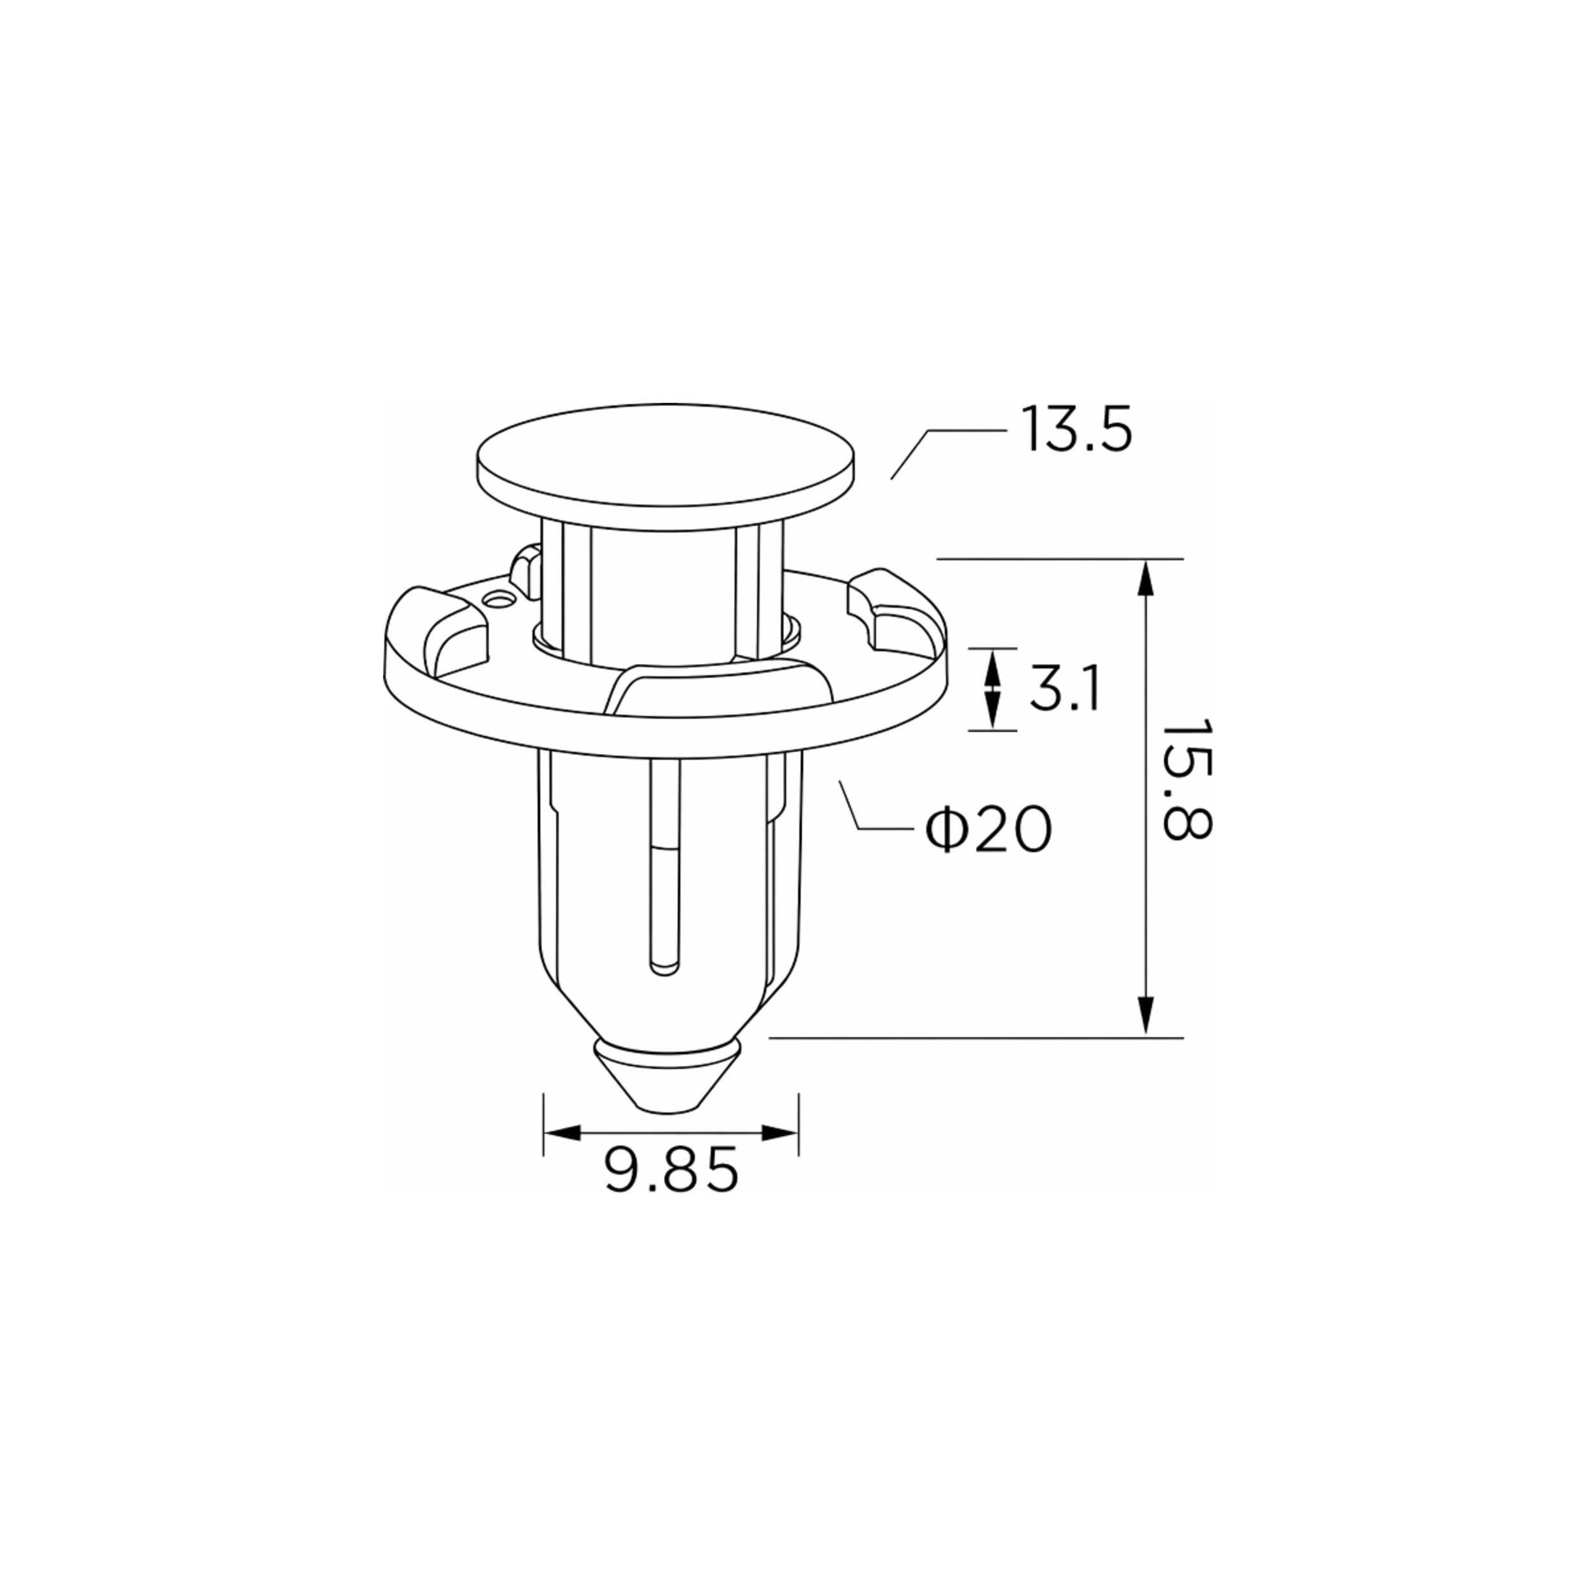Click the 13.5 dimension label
(x=1076, y=430)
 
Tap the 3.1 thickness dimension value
(x=1065, y=689)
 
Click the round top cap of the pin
(x=666, y=465)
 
